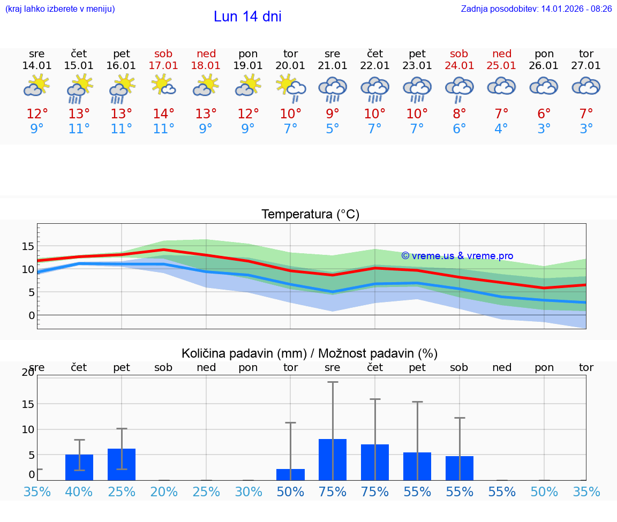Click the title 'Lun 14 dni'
point(247,17)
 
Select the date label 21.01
point(333,66)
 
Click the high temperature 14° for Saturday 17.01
point(164,114)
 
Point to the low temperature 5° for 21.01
point(333,129)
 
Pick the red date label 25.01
point(501,66)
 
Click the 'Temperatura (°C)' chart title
point(310,215)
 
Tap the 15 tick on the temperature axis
point(28,246)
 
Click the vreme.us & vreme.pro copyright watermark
point(457,256)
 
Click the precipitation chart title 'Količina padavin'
point(310,353)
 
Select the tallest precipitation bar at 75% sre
point(333,459)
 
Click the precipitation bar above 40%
point(79,467)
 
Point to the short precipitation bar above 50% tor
point(290,474)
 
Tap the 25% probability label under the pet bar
point(122,492)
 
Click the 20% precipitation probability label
point(164,492)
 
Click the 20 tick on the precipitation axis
point(28,373)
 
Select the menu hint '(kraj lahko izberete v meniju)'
point(60,9)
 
